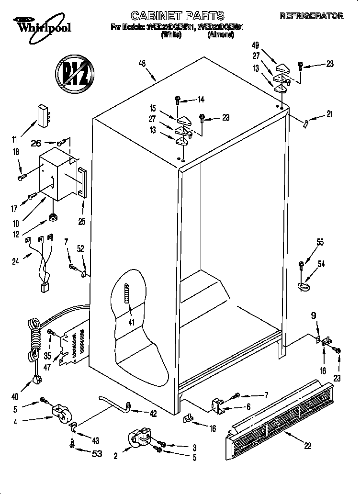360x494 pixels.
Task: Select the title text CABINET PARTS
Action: tap(177, 16)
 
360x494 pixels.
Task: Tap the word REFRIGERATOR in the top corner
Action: tap(311, 16)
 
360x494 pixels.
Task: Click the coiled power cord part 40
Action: tap(34, 345)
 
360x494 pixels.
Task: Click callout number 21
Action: tap(329, 114)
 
